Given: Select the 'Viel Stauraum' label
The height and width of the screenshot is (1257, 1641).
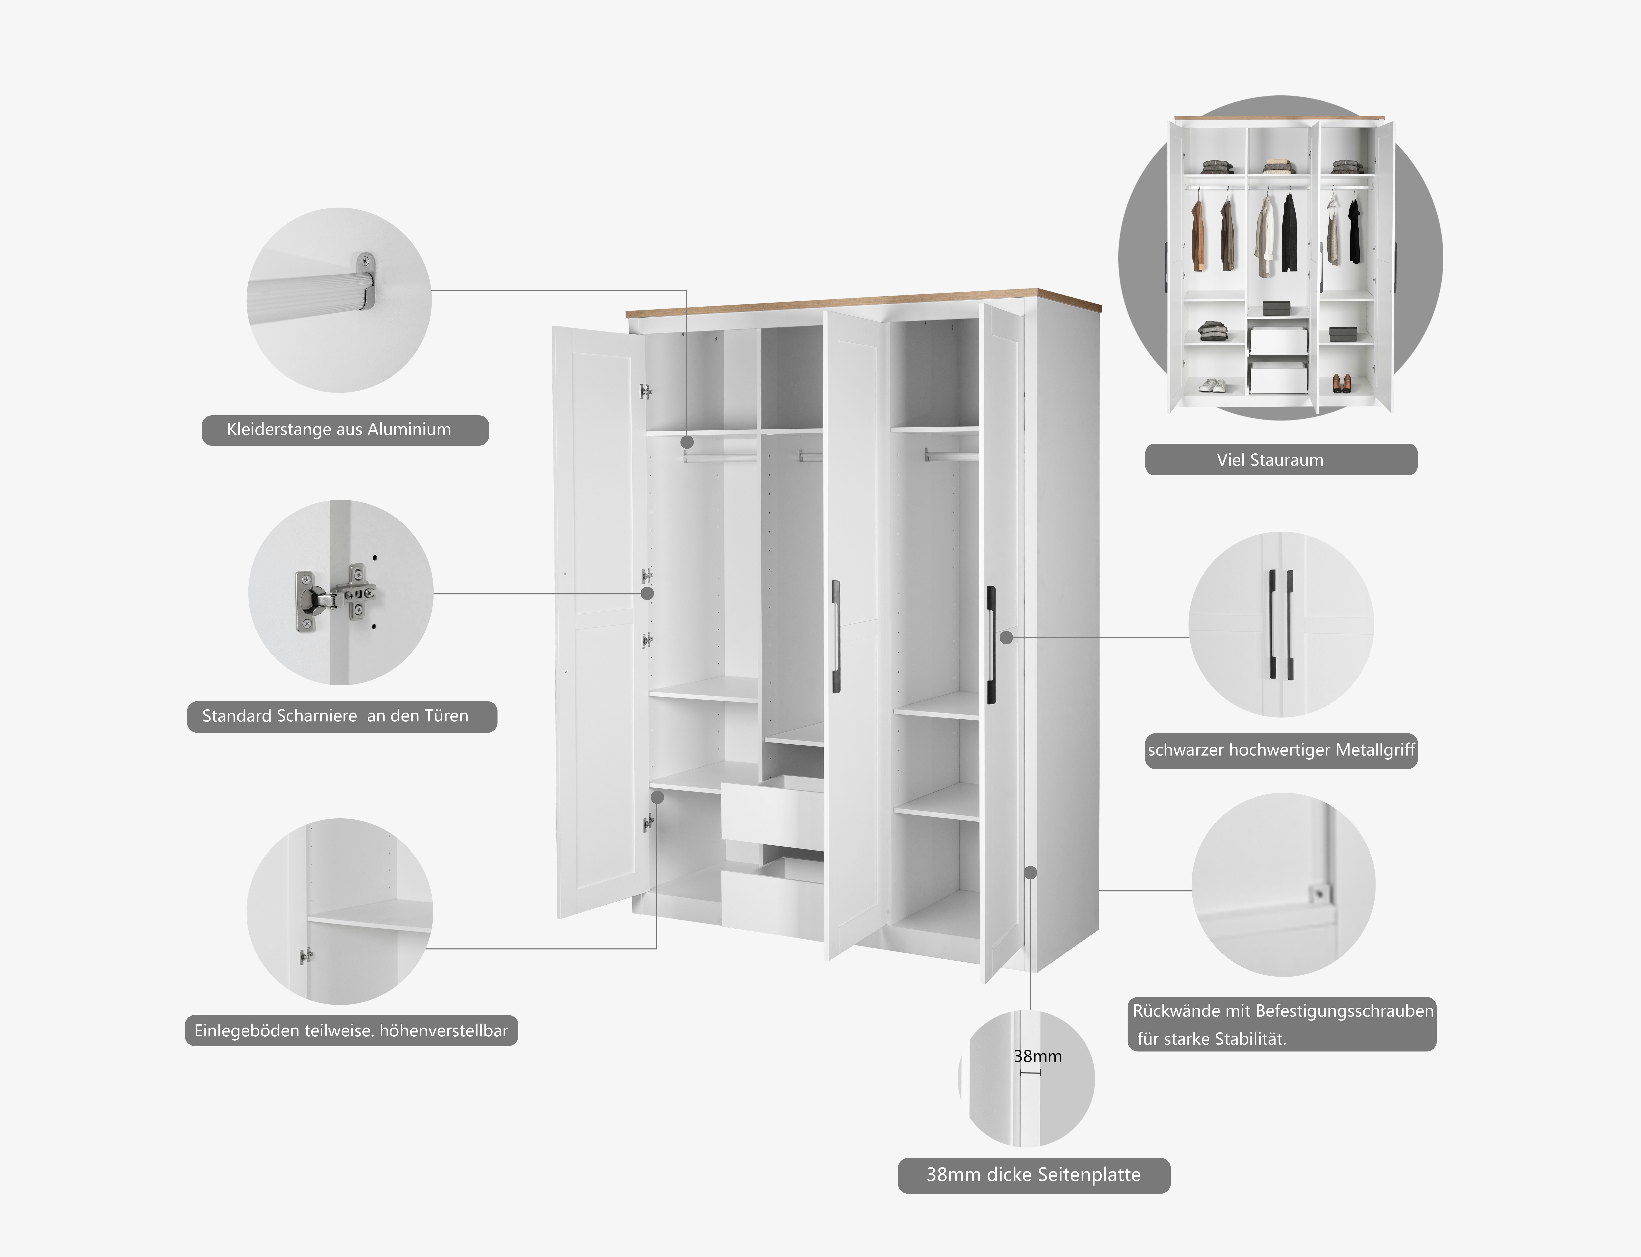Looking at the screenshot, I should point(1280,459).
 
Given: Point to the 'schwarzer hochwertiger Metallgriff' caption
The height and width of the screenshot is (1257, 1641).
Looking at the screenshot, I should point(1280,750).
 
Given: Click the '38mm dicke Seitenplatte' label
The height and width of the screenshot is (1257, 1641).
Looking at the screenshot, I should point(1034,1175).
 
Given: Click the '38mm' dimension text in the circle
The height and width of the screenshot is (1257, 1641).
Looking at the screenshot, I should point(1037,1056).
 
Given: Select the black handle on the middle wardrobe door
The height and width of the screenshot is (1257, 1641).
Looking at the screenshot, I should point(836,636).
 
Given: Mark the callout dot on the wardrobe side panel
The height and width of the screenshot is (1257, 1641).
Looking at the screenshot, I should point(1031,872).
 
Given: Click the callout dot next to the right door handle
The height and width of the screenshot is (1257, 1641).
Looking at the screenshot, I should point(1007,637).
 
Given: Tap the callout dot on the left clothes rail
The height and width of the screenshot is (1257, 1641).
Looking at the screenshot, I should point(687,443).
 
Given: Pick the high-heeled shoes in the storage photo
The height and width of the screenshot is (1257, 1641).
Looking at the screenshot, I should point(1340,384).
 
